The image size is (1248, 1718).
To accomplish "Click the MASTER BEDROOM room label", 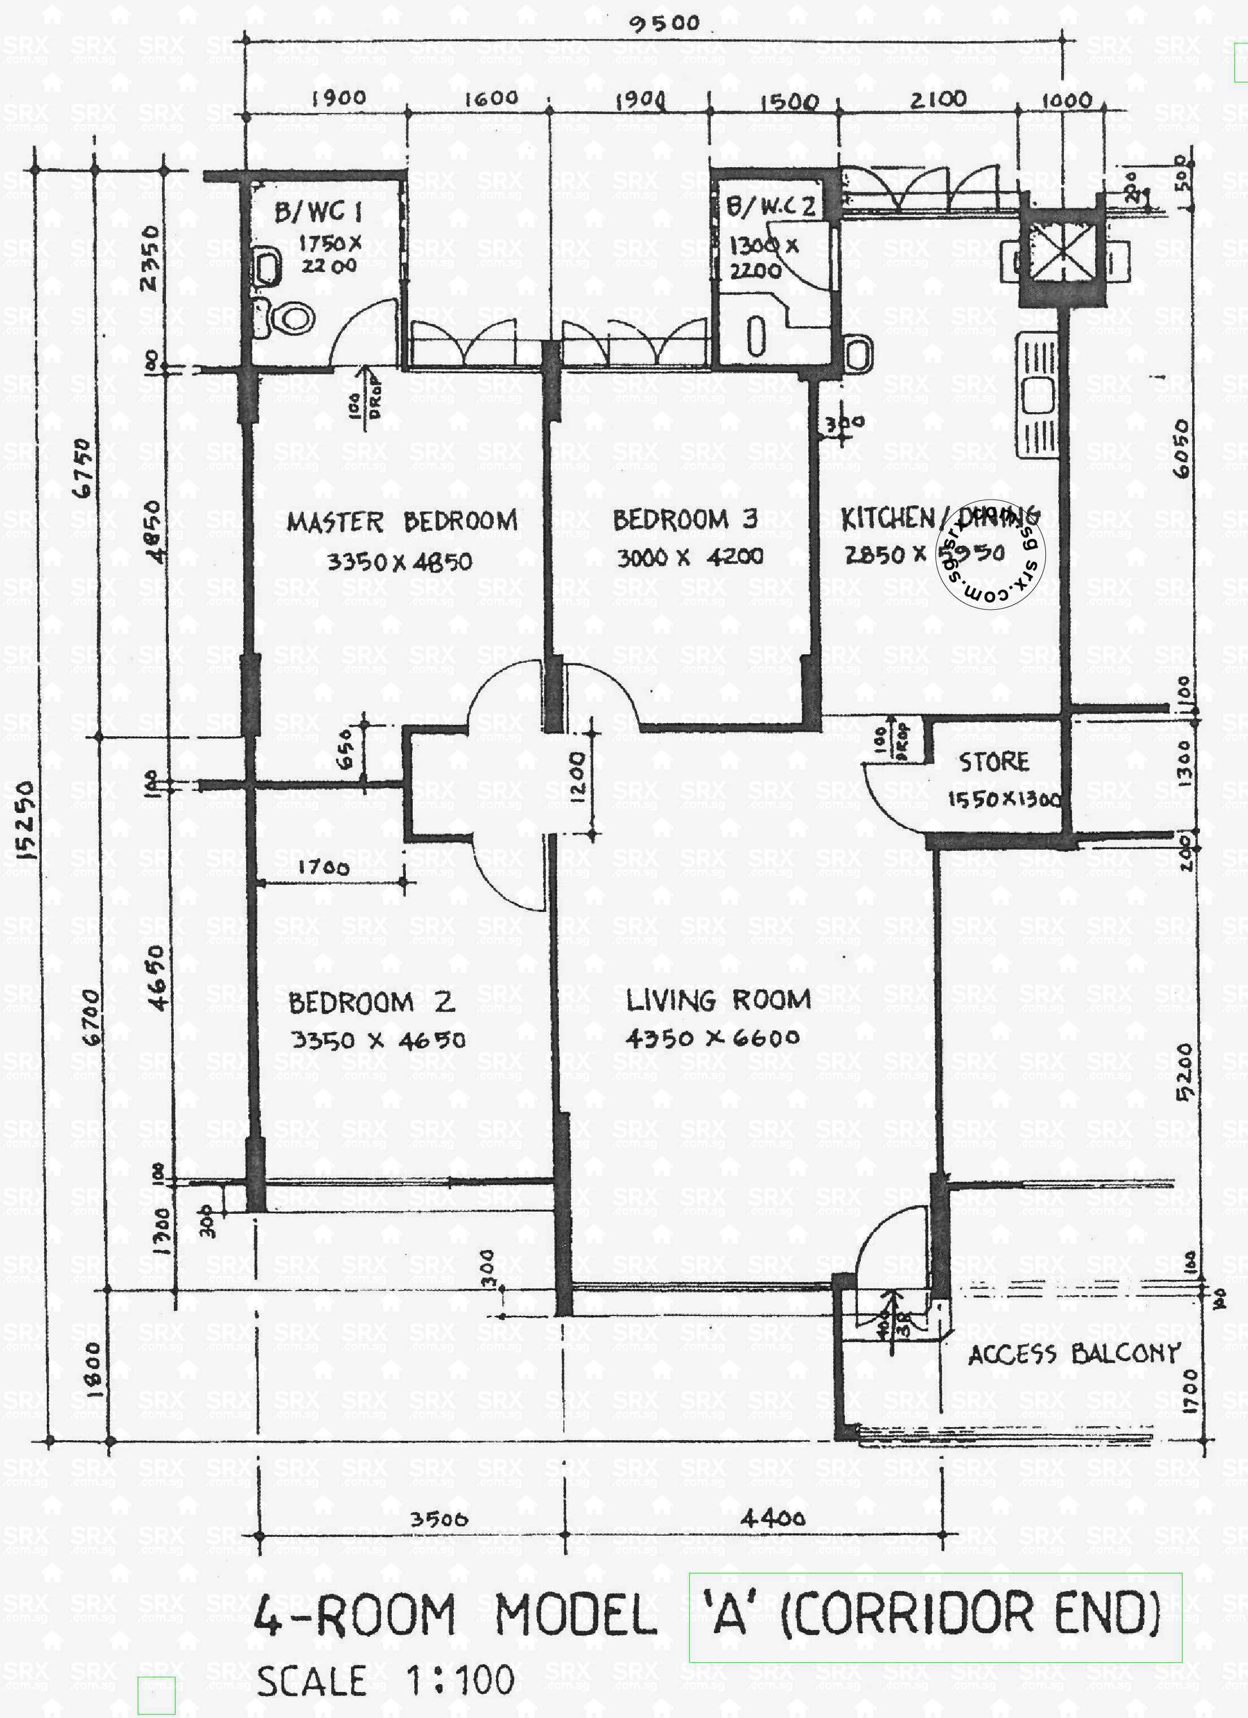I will pos(401,522).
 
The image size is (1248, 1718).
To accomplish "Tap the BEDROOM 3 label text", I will pos(685,519).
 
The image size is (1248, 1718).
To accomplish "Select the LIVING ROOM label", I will pos(718,1000).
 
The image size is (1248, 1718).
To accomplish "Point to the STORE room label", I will pos(993,761).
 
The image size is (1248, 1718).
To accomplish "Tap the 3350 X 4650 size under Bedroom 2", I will pos(378,1040).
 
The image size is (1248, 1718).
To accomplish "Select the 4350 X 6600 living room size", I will pos(712,1038).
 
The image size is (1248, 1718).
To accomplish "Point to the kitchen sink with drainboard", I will pos(1037,394).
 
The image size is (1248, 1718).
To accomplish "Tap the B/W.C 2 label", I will pos(769,207).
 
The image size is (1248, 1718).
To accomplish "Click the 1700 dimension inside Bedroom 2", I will pos(323,867).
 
